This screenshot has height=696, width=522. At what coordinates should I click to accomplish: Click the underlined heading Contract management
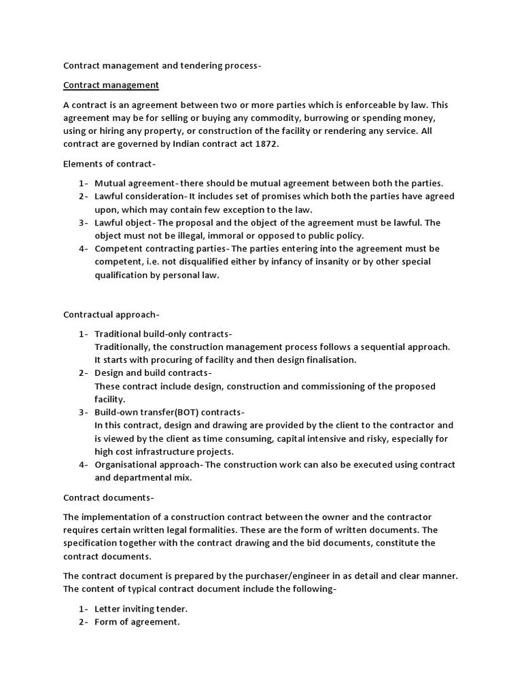pyautogui.click(x=111, y=85)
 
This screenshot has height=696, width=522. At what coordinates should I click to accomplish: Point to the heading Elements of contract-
pyautogui.click(x=109, y=163)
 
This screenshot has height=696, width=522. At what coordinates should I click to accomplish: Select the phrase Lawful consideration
pyautogui.click(x=137, y=196)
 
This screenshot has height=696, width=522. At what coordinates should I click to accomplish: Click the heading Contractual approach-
pyautogui.click(x=111, y=315)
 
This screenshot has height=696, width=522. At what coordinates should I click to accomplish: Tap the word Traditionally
pyautogui.click(x=125, y=347)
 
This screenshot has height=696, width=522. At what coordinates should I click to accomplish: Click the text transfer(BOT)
pyautogui.click(x=173, y=413)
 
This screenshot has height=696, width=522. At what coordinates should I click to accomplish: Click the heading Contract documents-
pyautogui.click(x=109, y=498)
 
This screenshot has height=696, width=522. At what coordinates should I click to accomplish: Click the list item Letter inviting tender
pyautogui.click(x=141, y=608)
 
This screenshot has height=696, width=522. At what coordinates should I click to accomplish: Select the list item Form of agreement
pyautogui.click(x=137, y=621)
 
